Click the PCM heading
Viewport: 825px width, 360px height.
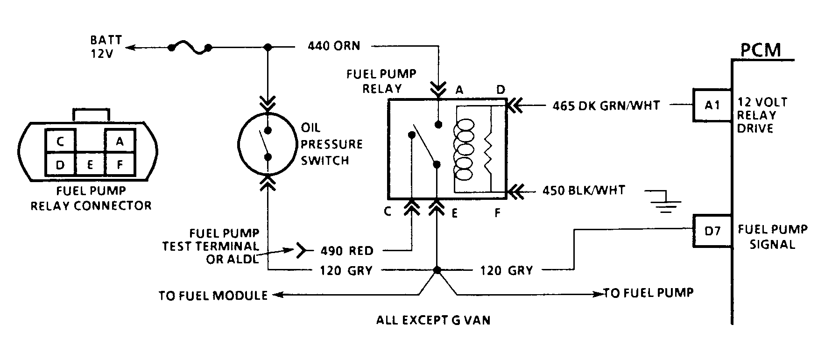[761, 50]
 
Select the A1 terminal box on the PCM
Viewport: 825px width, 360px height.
[712, 105]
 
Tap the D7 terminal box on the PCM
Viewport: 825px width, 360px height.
[712, 231]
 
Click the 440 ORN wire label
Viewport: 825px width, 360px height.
[334, 46]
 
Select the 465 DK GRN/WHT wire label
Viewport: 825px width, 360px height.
[606, 106]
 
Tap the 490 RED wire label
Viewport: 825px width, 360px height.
[347, 251]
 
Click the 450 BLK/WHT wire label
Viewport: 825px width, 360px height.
[583, 191]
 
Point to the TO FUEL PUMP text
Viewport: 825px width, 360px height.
[649, 293]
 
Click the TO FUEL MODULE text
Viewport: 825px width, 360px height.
[213, 296]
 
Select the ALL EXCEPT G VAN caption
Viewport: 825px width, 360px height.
[433, 321]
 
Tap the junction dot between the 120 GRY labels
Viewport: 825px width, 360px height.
[437, 270]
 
